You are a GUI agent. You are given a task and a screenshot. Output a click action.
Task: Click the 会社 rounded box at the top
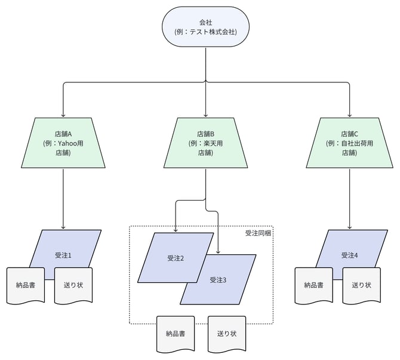click(205, 27)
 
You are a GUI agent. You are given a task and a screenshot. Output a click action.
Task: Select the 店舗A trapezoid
click(63, 143)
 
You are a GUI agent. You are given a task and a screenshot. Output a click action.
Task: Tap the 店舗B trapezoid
click(205, 143)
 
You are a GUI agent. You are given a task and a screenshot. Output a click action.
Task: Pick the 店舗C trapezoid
click(349, 143)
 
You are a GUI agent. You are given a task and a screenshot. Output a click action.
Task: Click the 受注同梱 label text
click(258, 233)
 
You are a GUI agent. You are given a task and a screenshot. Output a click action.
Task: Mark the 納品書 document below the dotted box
click(176, 333)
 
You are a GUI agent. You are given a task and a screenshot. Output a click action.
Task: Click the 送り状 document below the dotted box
click(227, 333)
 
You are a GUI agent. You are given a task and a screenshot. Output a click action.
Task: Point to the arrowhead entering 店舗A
click(63, 115)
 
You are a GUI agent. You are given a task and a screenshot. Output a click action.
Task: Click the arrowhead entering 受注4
click(349, 227)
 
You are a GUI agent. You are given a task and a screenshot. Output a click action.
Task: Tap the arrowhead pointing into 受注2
click(176, 230)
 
